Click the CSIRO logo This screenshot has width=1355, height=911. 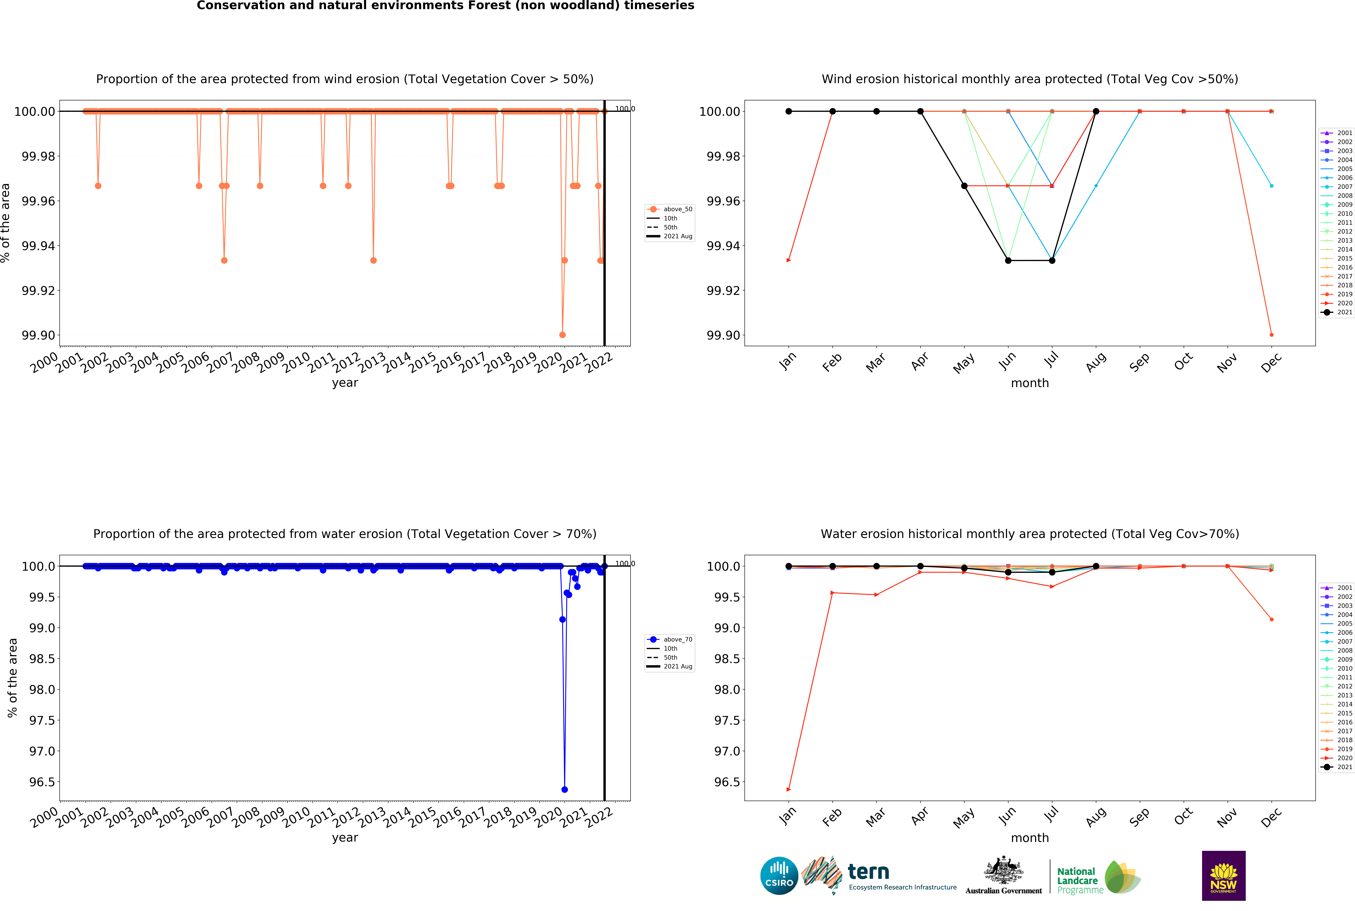779,875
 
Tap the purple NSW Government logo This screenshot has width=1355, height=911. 1223,875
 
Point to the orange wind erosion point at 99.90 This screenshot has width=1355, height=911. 562,335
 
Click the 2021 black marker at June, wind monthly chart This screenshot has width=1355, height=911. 1008,260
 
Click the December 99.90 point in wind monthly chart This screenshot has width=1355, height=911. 1271,335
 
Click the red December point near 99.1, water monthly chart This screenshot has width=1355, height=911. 1271,619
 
